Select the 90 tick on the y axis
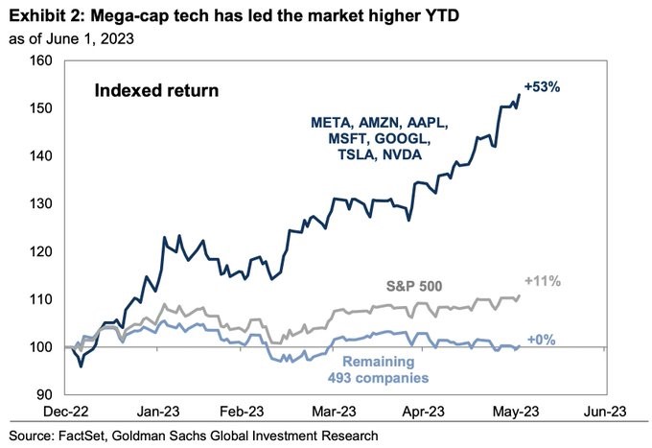point(41,394)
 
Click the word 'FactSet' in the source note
point(93,436)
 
